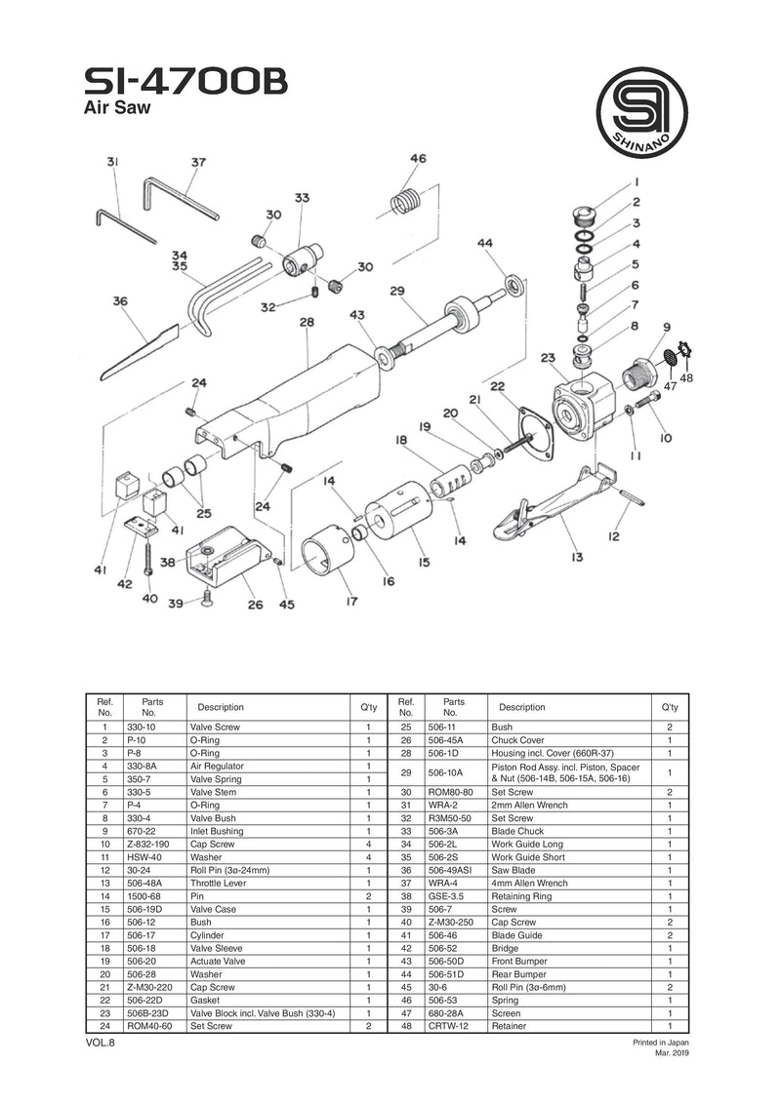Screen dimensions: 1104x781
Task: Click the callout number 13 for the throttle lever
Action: [577, 557]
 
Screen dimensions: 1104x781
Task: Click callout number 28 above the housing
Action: [307, 321]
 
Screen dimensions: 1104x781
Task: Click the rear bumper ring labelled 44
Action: [514, 286]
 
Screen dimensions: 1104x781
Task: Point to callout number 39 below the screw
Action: [176, 605]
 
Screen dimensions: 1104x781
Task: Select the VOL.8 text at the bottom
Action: [102, 1044]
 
